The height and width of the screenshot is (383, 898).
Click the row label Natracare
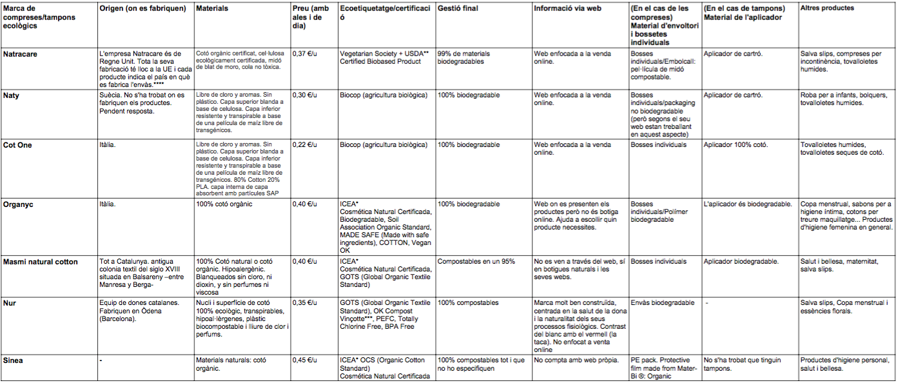(21, 54)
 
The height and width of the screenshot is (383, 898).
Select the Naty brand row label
(11, 95)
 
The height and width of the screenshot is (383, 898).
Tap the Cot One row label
(18, 145)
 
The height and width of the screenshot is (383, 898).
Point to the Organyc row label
(19, 204)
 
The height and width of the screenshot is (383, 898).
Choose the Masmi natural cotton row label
(40, 262)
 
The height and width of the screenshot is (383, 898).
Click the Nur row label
(9, 302)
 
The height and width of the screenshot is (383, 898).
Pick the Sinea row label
(13, 360)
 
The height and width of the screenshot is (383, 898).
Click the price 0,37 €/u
(305, 54)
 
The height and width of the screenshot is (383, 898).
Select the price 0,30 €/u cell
(305, 95)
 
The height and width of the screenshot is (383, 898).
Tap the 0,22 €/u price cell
(305, 145)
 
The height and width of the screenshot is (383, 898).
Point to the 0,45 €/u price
(305, 360)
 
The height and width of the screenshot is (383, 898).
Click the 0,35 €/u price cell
(305, 302)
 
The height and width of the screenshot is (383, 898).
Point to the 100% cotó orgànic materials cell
(224, 204)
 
